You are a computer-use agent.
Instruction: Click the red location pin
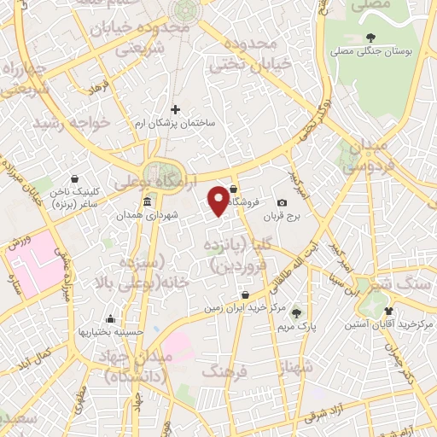click(x=219, y=200)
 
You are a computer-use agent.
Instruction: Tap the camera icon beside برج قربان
click(x=283, y=202)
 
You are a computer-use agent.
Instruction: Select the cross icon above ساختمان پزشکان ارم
click(x=176, y=109)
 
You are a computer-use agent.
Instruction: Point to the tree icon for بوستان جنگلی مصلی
click(x=371, y=38)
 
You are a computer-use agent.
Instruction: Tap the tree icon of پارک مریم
click(x=297, y=312)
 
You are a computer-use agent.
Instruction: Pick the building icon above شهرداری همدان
click(x=148, y=202)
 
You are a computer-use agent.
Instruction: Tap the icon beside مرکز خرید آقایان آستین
click(x=389, y=311)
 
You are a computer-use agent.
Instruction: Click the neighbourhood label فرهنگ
click(x=225, y=371)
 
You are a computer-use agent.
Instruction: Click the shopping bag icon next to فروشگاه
click(x=233, y=191)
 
